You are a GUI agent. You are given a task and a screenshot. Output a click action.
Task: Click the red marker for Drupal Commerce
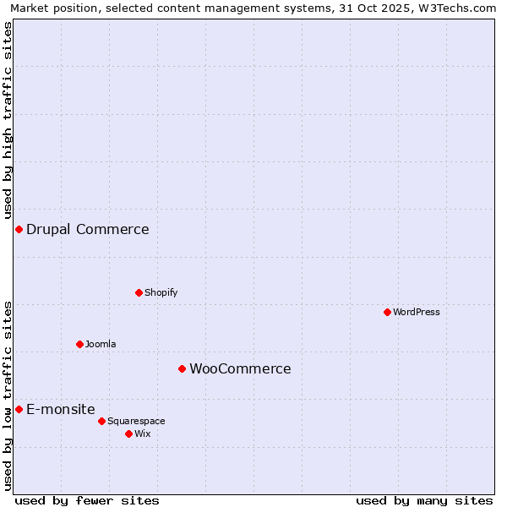[19, 230]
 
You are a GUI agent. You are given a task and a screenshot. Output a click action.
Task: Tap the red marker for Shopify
[139, 292]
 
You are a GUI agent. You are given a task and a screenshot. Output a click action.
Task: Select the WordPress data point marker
[387, 312]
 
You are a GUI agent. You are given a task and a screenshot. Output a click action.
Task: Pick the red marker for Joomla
[79, 344]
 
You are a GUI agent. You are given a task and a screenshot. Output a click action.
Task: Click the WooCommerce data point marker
[182, 368]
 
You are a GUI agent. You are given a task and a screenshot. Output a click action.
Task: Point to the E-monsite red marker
[19, 409]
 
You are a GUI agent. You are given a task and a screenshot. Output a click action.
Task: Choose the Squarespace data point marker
[101, 421]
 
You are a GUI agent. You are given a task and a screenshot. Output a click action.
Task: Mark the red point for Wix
[128, 433]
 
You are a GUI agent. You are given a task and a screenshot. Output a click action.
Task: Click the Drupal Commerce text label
[88, 230]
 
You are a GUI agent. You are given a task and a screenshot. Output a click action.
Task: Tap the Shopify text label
[161, 292]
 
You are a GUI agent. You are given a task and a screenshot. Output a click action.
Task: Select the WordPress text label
[416, 312]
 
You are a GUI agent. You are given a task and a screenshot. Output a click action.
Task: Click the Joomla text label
[101, 344]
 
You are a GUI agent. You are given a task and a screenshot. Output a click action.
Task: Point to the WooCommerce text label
[240, 368]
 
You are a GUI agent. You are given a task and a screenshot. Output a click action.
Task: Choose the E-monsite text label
[61, 409]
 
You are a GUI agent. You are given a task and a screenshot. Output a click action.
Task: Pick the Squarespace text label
[136, 421]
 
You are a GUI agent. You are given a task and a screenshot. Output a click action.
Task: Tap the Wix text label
[143, 433]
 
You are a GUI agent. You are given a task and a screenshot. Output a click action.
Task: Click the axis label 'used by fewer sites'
[87, 500]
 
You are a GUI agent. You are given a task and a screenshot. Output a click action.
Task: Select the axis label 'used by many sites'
[424, 500]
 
